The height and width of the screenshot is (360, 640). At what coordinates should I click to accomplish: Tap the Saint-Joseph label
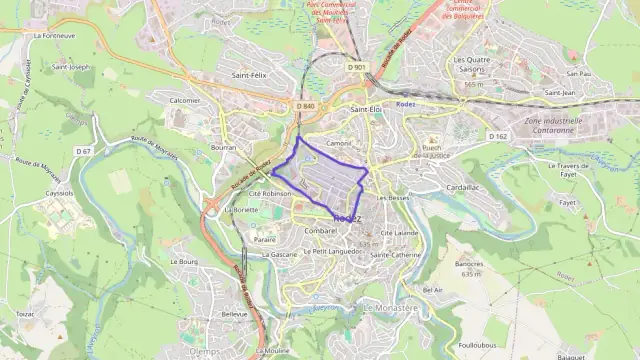pos(72,67)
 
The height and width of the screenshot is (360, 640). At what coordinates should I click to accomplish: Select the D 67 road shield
pos(83,151)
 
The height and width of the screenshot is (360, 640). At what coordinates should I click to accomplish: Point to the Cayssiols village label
pos(59,192)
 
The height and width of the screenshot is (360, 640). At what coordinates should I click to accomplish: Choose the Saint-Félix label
pos(249,75)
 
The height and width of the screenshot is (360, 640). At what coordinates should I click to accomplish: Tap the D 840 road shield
pos(306,106)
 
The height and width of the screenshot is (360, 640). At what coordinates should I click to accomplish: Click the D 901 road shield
pos(357,67)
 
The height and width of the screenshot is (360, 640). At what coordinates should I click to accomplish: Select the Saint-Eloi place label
pos(366,108)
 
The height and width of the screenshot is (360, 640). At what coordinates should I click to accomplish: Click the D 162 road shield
pos(498,135)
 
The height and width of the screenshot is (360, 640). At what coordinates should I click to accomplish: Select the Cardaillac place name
pos(463,187)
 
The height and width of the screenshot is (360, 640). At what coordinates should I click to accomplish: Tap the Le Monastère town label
pos(391,308)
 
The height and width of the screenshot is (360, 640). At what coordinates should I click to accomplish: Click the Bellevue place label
pos(234,313)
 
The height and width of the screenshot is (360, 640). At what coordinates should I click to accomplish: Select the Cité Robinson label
pos(270,193)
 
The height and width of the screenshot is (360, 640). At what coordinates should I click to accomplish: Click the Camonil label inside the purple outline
pos(340,143)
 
